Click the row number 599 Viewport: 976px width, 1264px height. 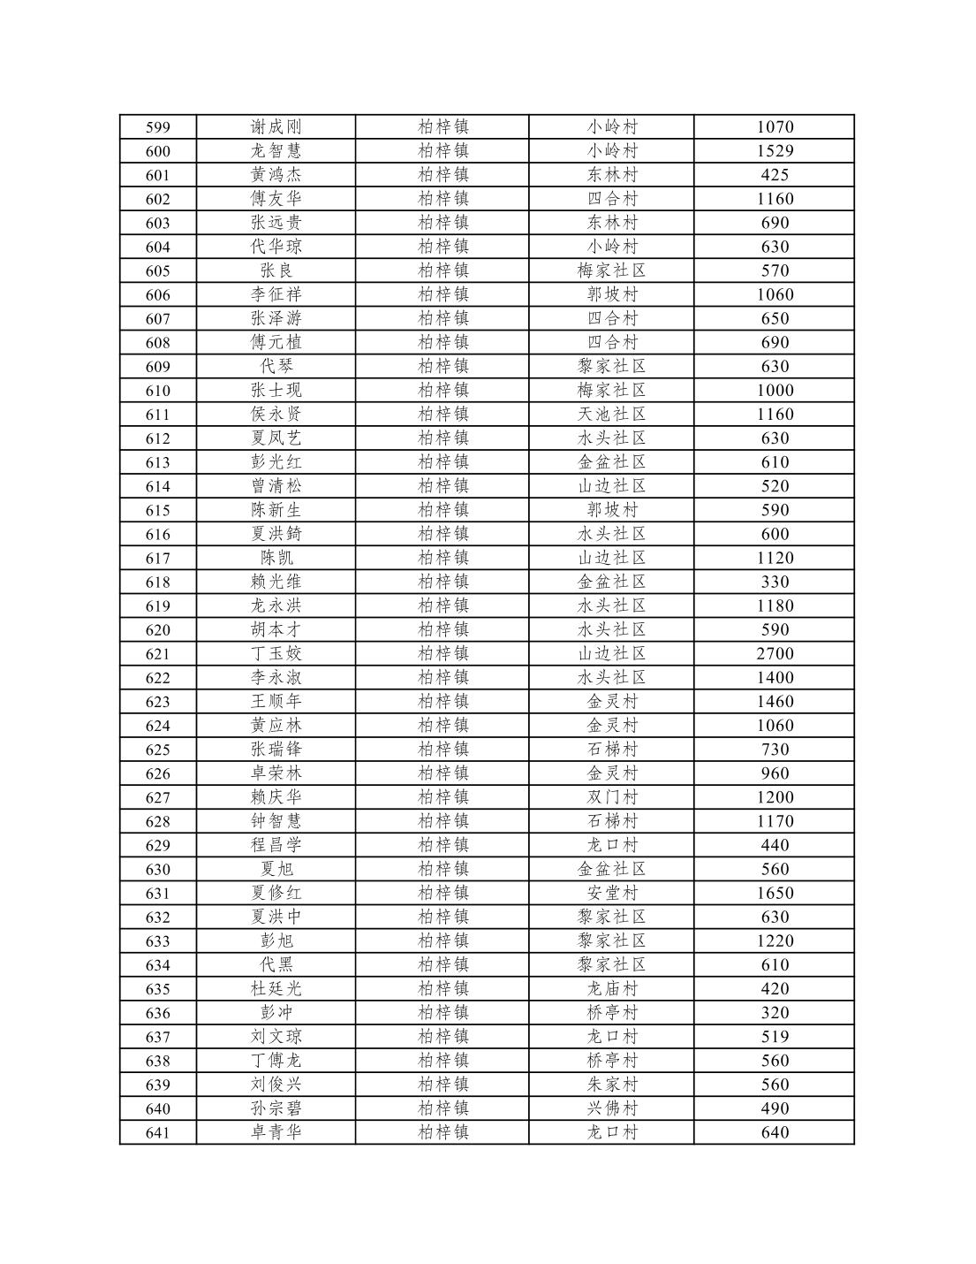157,127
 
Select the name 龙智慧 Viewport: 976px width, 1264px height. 276,151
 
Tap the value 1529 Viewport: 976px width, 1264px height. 775,151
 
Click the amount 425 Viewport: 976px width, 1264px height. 775,175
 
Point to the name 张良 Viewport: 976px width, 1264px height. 276,270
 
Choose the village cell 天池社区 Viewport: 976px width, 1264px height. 611,414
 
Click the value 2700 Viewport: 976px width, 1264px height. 775,653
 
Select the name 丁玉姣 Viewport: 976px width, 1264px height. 276,653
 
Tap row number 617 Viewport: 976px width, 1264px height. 157,558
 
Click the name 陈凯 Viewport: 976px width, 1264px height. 276,558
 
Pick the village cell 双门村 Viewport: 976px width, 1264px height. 611,797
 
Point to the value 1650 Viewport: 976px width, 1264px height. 775,893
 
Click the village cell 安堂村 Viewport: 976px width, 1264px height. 611,893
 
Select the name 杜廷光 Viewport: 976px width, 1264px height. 276,988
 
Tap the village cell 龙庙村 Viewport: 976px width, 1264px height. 611,988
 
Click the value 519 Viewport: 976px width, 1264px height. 775,1036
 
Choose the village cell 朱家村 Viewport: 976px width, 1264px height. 611,1085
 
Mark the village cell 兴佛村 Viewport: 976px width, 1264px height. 611,1108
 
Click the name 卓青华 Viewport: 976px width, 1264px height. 276,1132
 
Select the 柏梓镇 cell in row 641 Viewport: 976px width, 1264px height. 443,1132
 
